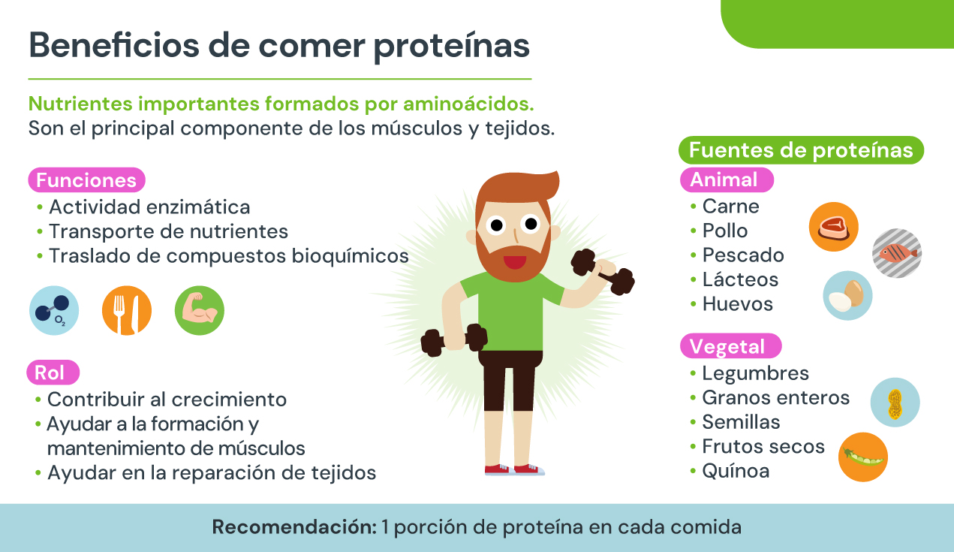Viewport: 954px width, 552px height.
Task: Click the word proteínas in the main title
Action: [451, 47]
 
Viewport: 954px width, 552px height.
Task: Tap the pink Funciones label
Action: [86, 180]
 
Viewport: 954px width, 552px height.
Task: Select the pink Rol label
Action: [53, 372]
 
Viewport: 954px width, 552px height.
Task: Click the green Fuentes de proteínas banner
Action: [801, 150]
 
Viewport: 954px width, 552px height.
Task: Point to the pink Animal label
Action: [727, 179]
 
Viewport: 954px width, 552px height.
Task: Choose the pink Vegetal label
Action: [730, 345]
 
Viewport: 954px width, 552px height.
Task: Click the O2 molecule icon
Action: [54, 310]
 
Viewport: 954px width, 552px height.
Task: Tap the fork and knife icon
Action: [127, 310]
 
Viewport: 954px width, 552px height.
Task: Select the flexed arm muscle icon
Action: [200, 310]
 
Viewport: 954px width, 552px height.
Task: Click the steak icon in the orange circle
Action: [833, 227]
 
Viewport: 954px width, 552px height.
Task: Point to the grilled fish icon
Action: [897, 253]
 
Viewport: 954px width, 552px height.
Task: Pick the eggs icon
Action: [847, 295]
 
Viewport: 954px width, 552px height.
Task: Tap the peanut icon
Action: [895, 403]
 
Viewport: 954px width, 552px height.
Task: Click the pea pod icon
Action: [863, 457]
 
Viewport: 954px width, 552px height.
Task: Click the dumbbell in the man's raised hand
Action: [603, 272]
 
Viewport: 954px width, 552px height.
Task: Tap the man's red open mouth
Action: [514, 261]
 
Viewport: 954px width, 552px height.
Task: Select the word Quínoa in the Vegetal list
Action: [736, 471]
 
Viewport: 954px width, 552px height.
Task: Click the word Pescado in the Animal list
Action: [743, 255]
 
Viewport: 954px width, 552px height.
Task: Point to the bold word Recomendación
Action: [294, 527]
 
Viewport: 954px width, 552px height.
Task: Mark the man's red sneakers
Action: [514, 469]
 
